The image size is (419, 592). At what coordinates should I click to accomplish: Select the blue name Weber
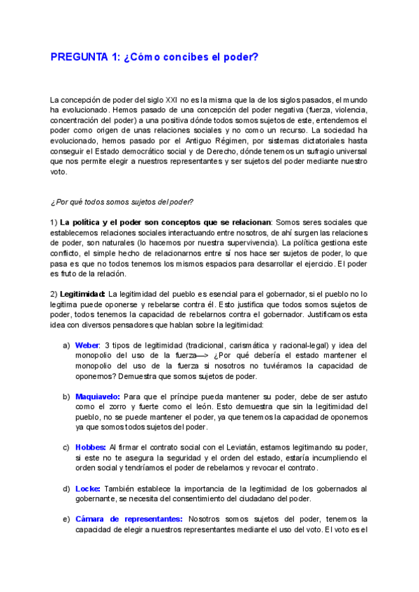coord(87,346)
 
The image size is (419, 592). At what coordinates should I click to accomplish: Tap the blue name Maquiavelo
coord(97,397)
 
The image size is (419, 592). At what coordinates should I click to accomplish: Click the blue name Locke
coord(87,488)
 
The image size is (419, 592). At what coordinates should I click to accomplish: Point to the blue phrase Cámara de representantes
coord(128,519)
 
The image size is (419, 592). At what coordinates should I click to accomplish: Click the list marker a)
coord(66,346)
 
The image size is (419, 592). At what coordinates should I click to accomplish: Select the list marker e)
coord(66,519)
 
